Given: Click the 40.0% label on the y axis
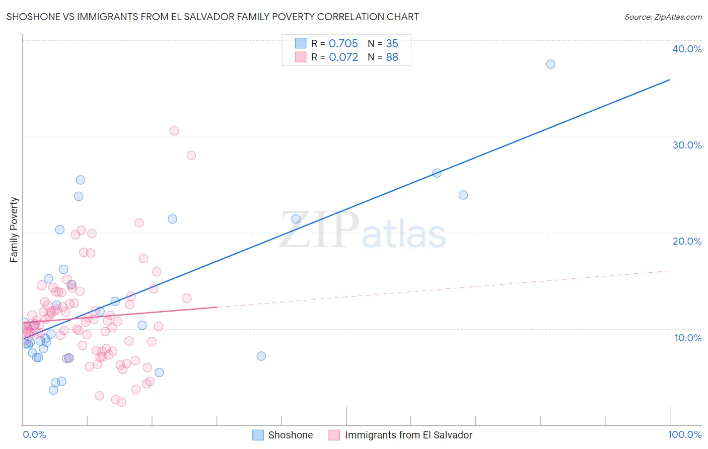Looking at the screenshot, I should [686, 49].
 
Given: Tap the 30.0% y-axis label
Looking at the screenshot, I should [686, 145].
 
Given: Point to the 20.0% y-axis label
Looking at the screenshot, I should [686, 241].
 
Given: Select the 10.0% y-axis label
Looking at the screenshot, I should [687, 338].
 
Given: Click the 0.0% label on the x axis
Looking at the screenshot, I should [34, 434].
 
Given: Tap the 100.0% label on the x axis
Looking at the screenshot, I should [684, 434].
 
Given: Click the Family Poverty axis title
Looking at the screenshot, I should [14, 230].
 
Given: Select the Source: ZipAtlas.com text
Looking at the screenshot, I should [663, 17].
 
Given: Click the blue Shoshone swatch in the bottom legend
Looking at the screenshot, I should [258, 435].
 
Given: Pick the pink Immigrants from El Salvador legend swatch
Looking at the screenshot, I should [334, 435].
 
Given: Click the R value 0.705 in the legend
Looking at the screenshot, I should [343, 44].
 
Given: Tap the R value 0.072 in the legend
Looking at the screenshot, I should [343, 57].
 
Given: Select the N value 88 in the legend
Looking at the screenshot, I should [392, 57].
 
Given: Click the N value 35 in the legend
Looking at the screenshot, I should [392, 44].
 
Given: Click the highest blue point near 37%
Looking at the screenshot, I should [550, 64].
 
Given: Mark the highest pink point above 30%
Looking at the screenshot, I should [174, 131].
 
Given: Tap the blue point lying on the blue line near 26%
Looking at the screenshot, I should [437, 173].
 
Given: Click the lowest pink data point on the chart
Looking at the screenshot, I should [121, 402].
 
